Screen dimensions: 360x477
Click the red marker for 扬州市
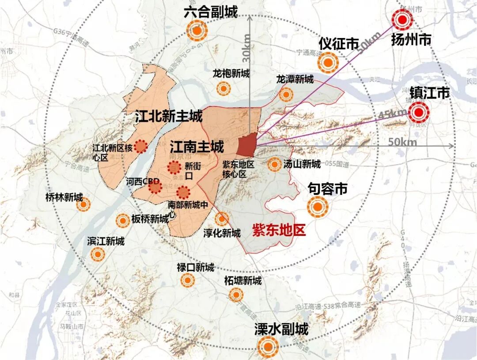[403, 19]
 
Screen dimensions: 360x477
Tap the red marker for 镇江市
[417, 113]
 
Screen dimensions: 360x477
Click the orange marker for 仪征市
[327, 63]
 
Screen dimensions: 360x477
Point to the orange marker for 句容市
[318, 207]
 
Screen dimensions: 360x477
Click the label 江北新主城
[169, 117]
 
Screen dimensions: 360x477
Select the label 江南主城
[197, 146]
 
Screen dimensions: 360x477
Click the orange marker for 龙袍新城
[224, 89]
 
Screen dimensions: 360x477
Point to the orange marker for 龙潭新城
[286, 94]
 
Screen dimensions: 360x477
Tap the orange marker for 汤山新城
[275, 165]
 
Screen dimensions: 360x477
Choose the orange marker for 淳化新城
[222, 219]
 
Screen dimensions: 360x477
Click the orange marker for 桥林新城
[83, 204]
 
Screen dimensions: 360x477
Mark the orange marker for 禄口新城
[187, 280]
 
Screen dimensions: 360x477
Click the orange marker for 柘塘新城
[236, 295]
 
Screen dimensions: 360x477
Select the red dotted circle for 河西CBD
[155, 188]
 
